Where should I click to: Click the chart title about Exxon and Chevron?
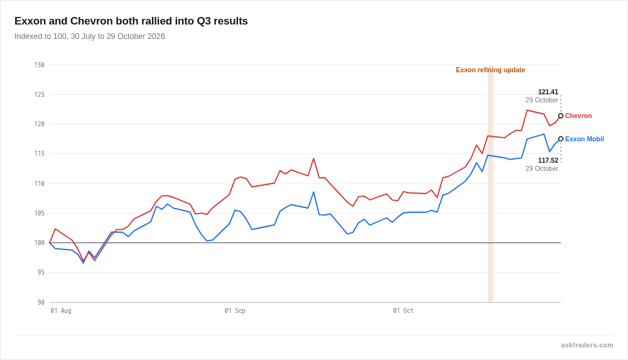131,21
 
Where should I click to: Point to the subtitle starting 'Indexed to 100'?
90,36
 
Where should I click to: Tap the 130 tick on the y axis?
39,65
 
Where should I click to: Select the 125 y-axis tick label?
39,95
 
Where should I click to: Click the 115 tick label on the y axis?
39,153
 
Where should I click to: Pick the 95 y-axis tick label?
41,272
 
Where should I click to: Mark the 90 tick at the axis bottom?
41,302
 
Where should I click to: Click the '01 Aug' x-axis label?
61,311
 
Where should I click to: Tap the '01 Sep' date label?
235,311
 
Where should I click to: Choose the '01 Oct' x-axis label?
403,311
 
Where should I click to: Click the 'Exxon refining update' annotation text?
490,70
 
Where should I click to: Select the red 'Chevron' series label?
578,116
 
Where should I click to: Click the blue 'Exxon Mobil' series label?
584,139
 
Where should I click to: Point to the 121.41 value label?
548,92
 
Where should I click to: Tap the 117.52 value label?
548,160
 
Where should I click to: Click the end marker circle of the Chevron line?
561,116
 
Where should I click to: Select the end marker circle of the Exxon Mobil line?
561,139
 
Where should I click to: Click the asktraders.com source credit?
587,345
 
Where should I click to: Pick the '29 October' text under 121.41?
542,101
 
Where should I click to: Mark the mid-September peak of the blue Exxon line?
313,192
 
